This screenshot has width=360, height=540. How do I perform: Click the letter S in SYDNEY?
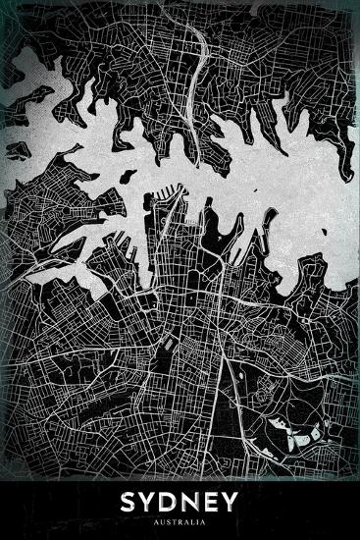[128, 503]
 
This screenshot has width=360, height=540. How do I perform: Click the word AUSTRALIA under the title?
[180, 521]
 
